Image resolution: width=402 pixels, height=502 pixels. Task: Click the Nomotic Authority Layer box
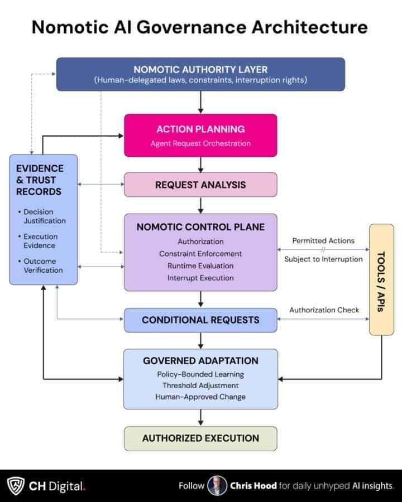click(200, 74)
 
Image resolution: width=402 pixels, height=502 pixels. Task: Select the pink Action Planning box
click(200, 136)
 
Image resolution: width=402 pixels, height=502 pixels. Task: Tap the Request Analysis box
click(200, 185)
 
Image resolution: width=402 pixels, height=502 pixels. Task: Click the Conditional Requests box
click(200, 320)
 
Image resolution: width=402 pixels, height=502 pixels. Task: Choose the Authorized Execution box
click(200, 438)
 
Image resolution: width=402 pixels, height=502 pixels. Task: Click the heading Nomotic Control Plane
click(200, 228)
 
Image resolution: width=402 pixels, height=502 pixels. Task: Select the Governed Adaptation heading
click(200, 361)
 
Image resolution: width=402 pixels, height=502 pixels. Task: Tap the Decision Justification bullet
click(44, 216)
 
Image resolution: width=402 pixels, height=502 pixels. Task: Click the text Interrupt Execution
click(200, 278)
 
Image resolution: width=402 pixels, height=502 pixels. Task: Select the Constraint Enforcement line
click(200, 254)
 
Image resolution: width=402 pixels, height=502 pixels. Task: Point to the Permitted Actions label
click(323, 241)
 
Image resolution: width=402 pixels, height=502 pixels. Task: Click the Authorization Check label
click(324, 310)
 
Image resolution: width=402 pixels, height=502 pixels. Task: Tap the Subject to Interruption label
click(323, 259)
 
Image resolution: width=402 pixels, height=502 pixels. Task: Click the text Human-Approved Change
click(200, 397)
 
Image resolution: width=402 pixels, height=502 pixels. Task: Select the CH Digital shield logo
click(15, 486)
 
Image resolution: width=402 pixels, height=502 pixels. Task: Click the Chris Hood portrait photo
click(217, 486)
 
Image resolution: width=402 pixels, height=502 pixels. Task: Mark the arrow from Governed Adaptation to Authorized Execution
click(200, 418)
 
